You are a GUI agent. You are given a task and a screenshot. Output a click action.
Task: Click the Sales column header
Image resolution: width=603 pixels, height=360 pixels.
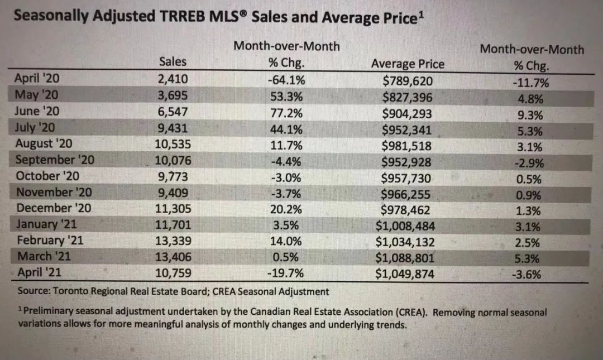pos(173,61)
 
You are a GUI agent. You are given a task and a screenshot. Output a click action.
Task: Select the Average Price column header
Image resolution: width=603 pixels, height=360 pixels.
pos(408,64)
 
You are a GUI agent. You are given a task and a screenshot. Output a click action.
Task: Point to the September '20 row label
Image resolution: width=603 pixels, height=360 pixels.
pos(55,160)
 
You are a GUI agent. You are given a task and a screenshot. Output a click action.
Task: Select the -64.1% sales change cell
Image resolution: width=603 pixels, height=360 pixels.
pos(286,79)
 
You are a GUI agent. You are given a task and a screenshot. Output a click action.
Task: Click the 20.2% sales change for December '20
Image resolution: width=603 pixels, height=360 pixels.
pos(286,209)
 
